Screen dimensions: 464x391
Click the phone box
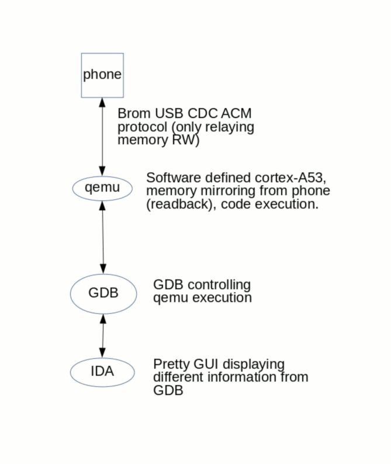(102, 75)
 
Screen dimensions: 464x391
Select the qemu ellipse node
(102, 188)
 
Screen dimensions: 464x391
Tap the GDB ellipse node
(103, 293)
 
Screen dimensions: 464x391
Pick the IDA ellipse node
(102, 372)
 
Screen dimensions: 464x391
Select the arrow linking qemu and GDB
(103, 237)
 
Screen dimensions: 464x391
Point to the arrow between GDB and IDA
(103, 335)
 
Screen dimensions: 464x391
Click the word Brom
(133, 113)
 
